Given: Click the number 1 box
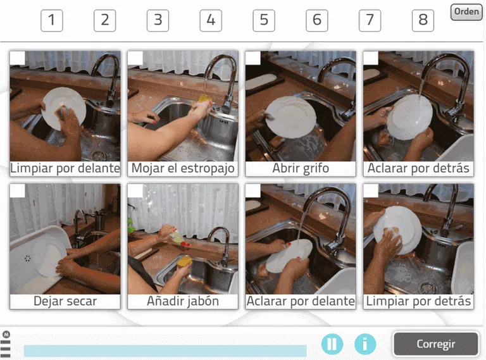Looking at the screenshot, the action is point(52,20).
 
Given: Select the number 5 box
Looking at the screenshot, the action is point(264,20).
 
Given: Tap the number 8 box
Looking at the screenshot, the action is point(423,20).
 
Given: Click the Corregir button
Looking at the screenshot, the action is point(436,344).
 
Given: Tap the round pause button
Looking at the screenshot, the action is point(332,344).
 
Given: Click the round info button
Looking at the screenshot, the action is point(364,344).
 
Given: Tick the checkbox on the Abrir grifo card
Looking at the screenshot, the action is point(253,58).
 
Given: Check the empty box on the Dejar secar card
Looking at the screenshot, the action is point(17,191).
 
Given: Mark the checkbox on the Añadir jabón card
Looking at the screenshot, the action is point(135,191).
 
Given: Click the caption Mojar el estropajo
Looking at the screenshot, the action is point(183,168).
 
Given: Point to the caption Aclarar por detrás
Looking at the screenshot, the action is point(418,168).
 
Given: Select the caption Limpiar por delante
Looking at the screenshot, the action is point(65,168).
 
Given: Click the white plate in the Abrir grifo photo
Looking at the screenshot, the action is point(290,116).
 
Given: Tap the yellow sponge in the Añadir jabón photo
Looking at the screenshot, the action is point(184,261).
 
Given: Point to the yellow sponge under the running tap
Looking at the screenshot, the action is point(205,99).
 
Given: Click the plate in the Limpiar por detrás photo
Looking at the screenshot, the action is point(397,229).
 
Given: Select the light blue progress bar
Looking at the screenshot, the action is point(165,351).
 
